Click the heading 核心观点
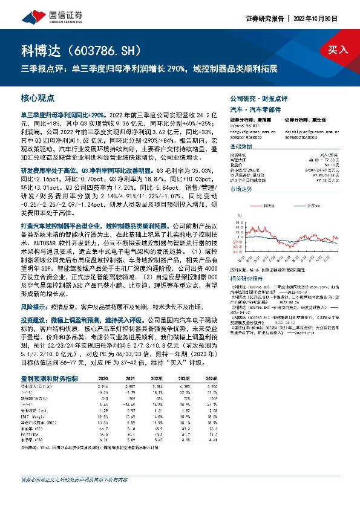coord(38,97)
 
